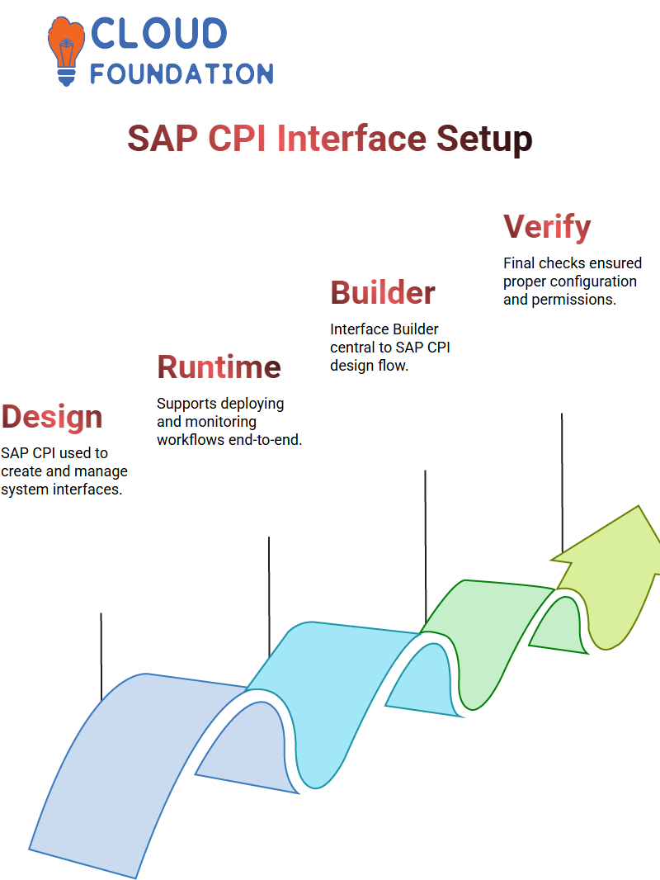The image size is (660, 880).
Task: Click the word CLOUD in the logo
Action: (x=158, y=33)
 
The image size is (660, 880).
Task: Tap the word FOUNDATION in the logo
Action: (x=181, y=73)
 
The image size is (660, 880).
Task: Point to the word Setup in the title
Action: (x=484, y=140)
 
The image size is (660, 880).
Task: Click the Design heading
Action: (x=52, y=418)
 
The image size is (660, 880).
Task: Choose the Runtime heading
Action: (x=219, y=367)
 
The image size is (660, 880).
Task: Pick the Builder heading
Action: (x=383, y=292)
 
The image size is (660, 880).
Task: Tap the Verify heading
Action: (x=547, y=227)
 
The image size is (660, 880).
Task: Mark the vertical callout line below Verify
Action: (x=562, y=483)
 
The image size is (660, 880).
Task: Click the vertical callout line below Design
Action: (x=101, y=656)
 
